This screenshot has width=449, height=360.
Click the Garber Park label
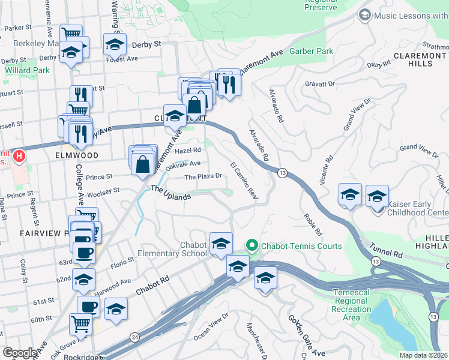pyautogui.click(x=311, y=52)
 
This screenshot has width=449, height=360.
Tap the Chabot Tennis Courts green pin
pyautogui.click(x=252, y=246)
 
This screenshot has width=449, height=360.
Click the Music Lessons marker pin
pyautogui.click(x=364, y=14)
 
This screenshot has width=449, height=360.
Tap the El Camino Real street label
pyautogui.click(x=244, y=181)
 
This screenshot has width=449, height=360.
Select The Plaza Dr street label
pyautogui.click(x=203, y=177)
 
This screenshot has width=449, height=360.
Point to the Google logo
pyautogui.click(x=20, y=353)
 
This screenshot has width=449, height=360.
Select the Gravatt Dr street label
pyautogui.click(x=319, y=85)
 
